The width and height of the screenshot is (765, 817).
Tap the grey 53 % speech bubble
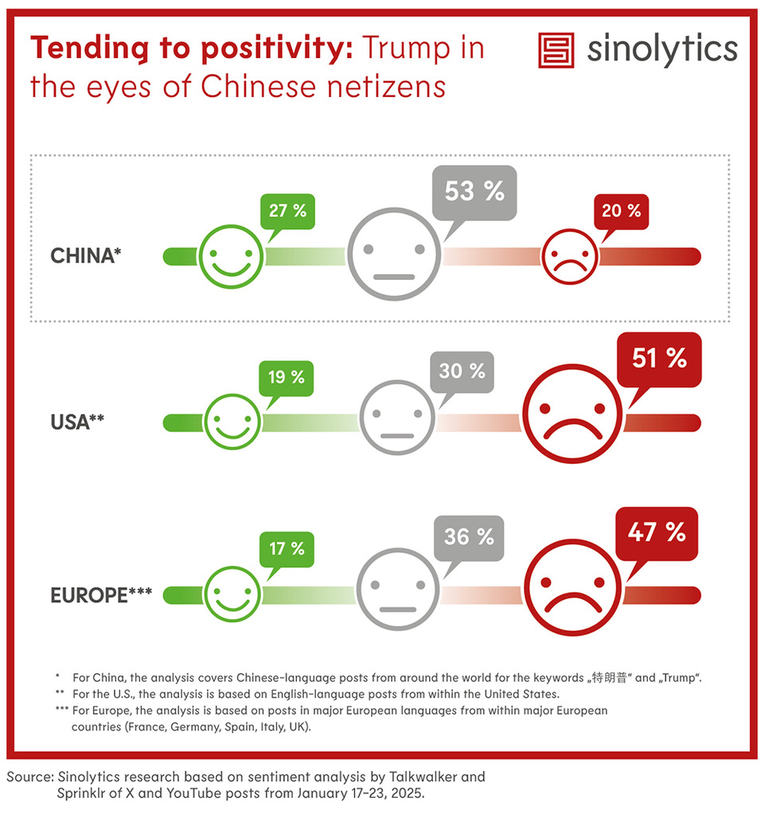(473, 192)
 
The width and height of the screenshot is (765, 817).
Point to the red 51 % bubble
(660, 359)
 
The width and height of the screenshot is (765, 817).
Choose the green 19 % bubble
(286, 377)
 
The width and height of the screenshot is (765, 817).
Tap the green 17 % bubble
(286, 549)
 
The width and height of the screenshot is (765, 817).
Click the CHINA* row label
(86, 256)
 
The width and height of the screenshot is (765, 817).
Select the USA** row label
(78, 421)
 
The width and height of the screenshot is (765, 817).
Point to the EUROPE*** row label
(100, 594)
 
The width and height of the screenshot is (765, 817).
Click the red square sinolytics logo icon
(556, 50)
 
